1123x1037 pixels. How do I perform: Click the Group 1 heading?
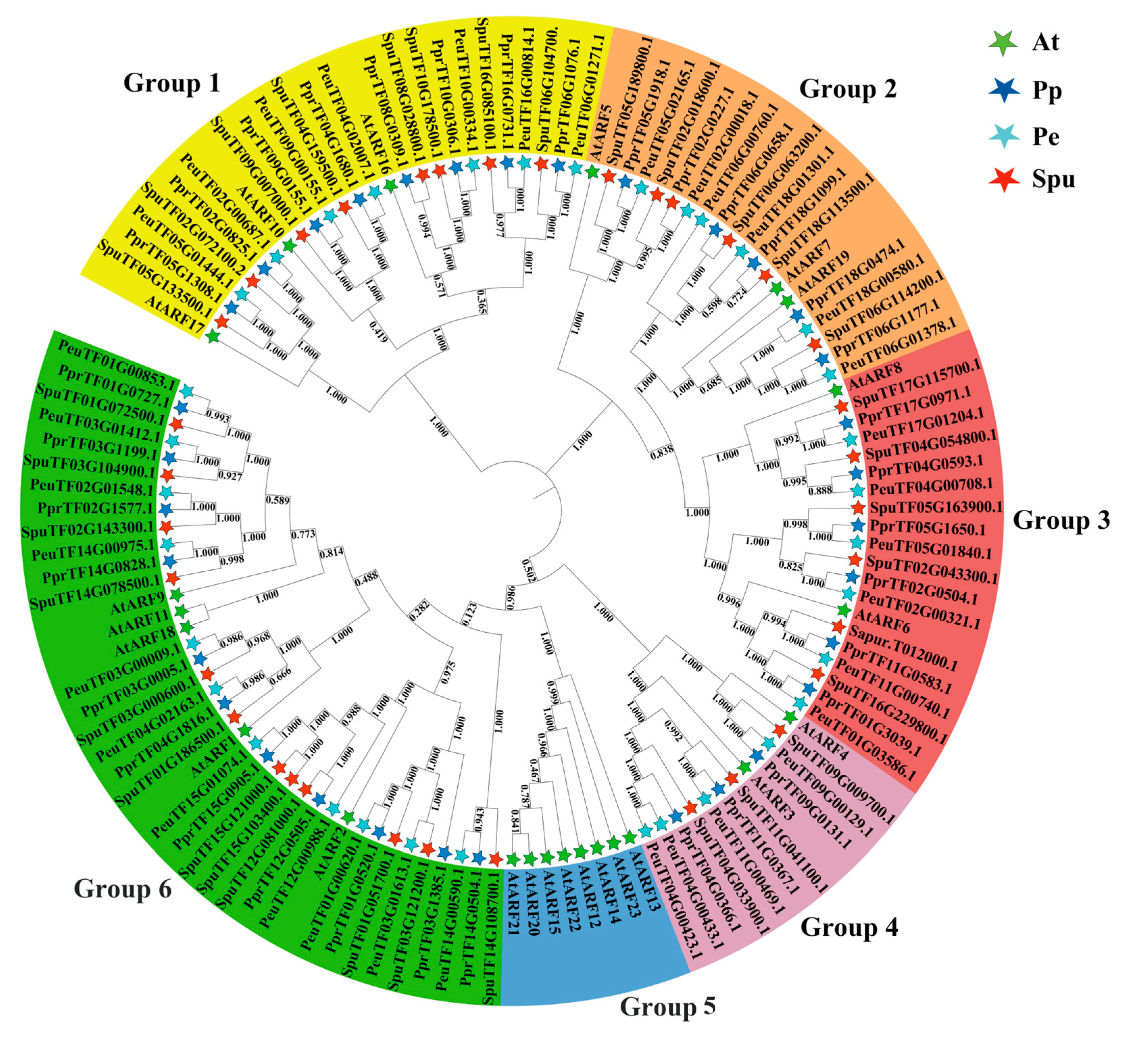click(172, 83)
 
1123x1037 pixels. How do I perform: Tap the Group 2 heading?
click(847, 89)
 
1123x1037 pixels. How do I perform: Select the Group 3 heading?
click(1061, 520)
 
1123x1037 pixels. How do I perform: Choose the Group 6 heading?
click(122, 888)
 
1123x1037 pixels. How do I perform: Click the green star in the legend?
click(1002, 43)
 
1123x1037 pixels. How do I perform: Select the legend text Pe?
click(1046, 136)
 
